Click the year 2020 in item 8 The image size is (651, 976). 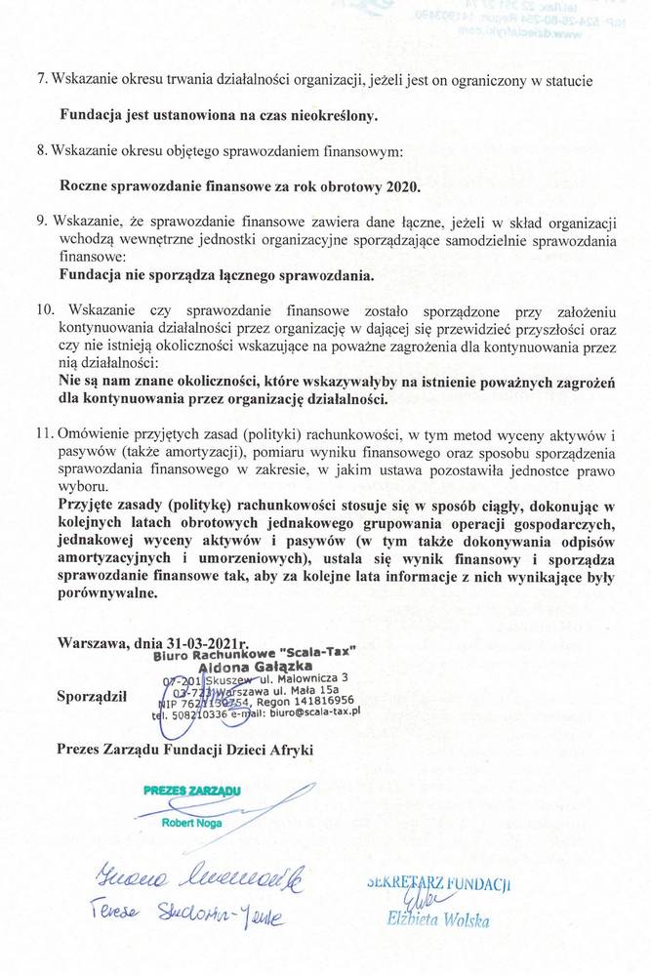(x=400, y=185)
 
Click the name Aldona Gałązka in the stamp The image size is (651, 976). (x=249, y=666)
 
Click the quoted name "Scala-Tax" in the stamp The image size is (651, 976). (x=317, y=652)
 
